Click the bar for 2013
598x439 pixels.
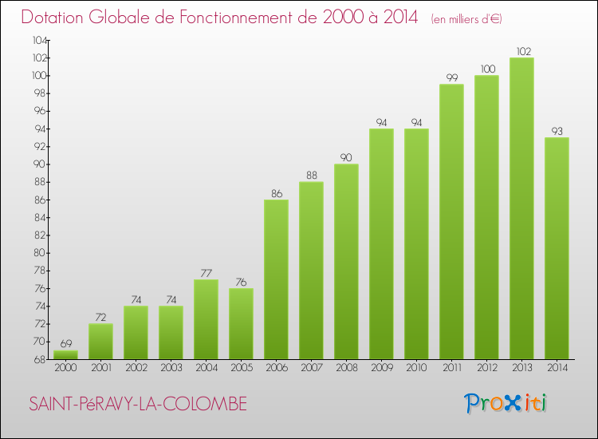pos(521,208)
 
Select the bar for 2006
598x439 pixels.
pos(276,279)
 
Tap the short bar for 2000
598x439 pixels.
pos(65,354)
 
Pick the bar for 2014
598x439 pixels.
pos(557,247)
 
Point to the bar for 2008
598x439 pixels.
pos(346,261)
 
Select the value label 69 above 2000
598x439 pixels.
pos(65,344)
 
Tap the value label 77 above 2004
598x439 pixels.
pos(206,273)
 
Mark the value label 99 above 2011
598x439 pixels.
pos(451,78)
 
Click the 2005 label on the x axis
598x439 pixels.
pos(241,367)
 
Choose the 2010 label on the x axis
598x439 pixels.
pos(416,367)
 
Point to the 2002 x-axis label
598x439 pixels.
pos(136,367)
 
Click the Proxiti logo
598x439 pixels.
pos(506,403)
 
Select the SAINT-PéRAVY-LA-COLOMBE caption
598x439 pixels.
pos(137,405)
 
